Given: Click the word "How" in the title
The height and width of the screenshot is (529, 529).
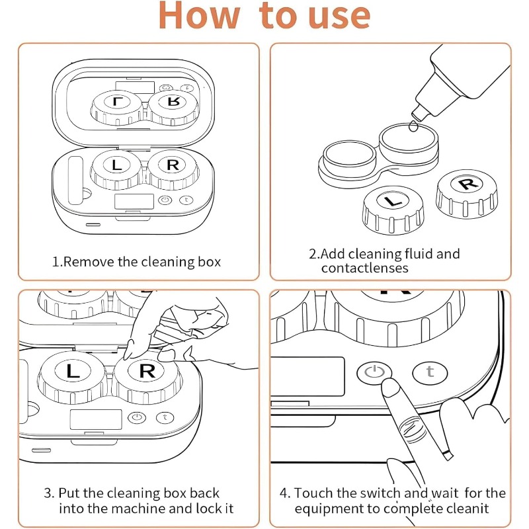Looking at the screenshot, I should click(x=199, y=16).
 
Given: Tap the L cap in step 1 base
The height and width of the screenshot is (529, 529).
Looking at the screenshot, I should click(x=117, y=166).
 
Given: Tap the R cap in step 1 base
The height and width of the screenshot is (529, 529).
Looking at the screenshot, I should click(x=172, y=165).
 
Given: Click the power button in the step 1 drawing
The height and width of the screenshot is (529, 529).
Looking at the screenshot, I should click(x=165, y=202).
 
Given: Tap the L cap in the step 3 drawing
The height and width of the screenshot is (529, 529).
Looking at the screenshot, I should click(x=73, y=372).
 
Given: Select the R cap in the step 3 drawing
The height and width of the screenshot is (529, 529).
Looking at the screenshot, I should click(x=147, y=371).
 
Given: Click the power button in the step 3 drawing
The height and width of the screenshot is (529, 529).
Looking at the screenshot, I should click(x=136, y=417).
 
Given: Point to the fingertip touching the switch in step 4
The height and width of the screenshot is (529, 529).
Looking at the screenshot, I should click(x=387, y=391).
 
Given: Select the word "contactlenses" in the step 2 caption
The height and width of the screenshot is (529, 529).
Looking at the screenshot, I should click(x=364, y=268).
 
